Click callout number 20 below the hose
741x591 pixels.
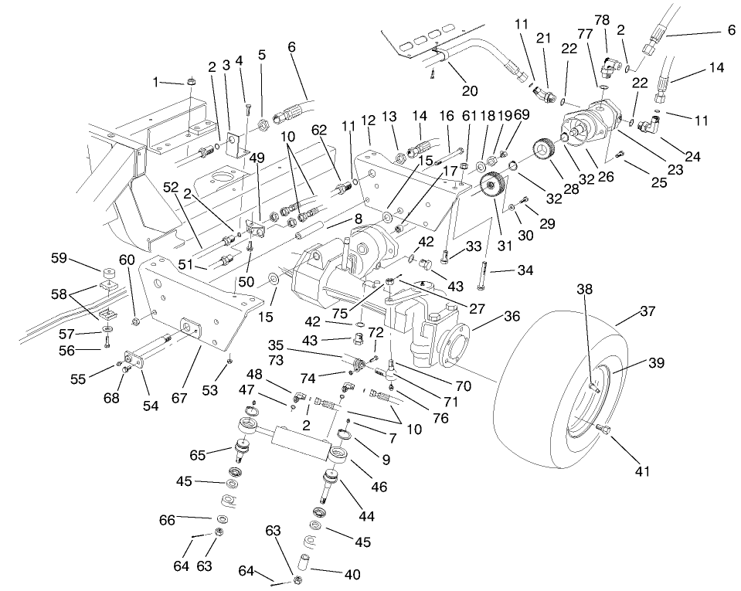click(469, 90)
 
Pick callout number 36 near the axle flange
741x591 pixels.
click(489, 315)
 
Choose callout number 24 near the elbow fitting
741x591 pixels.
click(692, 157)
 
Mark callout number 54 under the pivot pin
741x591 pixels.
click(151, 406)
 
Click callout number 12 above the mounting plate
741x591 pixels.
click(368, 120)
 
